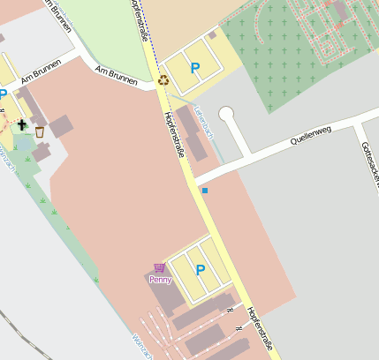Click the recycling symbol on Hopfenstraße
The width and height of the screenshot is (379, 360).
(x=163, y=80)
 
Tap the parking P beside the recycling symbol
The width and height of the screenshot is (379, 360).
(x=194, y=68)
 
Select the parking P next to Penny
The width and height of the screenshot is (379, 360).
(x=200, y=270)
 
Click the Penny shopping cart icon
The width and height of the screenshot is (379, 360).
(x=159, y=267)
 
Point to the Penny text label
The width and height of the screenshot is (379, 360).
(x=159, y=280)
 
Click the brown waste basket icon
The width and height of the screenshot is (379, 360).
(x=39, y=131)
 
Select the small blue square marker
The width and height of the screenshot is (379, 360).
(x=205, y=190)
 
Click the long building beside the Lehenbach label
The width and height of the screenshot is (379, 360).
(x=193, y=133)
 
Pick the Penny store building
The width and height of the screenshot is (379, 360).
(x=168, y=296)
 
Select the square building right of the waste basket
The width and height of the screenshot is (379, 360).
(x=61, y=126)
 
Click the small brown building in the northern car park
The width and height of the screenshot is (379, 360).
(x=212, y=36)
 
